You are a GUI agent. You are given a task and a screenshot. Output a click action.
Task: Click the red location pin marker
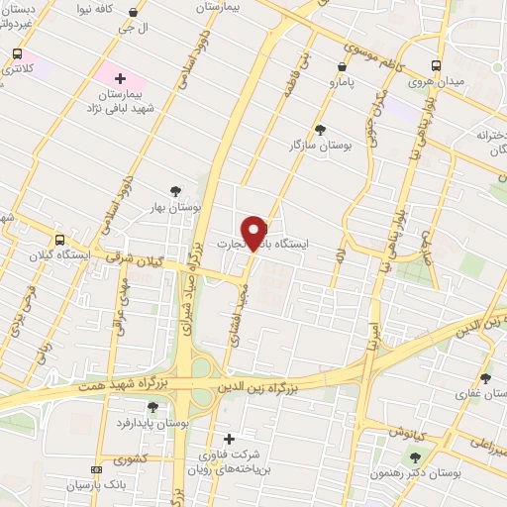pos(256,232)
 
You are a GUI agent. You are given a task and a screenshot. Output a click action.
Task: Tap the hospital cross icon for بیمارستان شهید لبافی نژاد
pos(120,76)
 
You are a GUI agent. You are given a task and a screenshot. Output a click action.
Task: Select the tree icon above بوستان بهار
pos(176,191)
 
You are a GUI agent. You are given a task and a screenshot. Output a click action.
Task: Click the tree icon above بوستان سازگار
pos(319,129)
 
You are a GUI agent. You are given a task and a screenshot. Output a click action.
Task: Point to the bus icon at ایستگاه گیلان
pos(60,240)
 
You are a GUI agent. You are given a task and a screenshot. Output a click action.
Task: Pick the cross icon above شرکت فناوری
pos(229,439)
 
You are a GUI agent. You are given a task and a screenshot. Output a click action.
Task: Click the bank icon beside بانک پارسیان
pos(95,469)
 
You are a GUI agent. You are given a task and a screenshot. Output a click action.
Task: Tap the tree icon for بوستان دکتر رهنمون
pos(415,456)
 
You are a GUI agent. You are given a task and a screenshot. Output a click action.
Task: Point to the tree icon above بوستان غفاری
pos(485,377)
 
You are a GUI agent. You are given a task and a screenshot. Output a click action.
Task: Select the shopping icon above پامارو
pos(342,66)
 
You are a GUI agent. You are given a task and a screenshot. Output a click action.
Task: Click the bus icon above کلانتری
pos(17,54)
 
